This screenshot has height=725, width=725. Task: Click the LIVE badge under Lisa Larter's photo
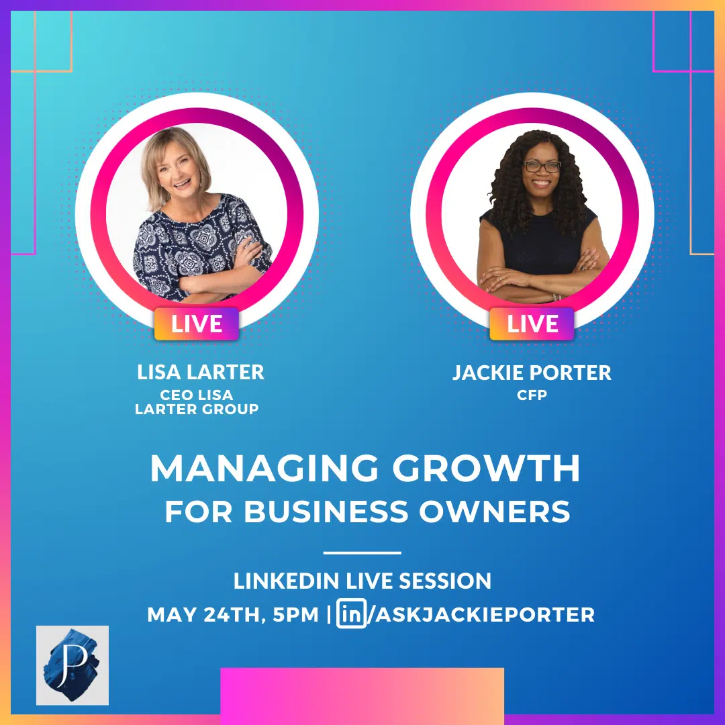coord(197,324)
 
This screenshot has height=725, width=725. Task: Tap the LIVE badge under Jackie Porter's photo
coord(532,324)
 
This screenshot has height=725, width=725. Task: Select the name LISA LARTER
coord(201,372)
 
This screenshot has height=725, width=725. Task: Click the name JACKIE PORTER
coord(532,373)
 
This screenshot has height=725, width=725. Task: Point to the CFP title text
coord(532,395)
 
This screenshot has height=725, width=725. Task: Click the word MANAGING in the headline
coord(264,469)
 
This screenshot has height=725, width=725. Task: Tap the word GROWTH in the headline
coord(487,469)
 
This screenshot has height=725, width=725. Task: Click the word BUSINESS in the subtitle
coord(326,512)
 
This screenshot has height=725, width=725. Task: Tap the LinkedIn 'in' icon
coord(351,614)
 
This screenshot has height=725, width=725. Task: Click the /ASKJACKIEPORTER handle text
coord(481,614)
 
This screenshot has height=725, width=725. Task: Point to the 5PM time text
coord(295,615)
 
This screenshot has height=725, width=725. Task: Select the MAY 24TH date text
coord(205,615)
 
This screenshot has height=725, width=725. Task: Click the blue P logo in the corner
coord(72,665)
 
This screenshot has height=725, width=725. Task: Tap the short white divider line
coord(362,552)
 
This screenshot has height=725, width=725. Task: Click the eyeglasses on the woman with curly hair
coord(542,166)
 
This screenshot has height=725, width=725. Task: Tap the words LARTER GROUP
coord(197,409)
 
